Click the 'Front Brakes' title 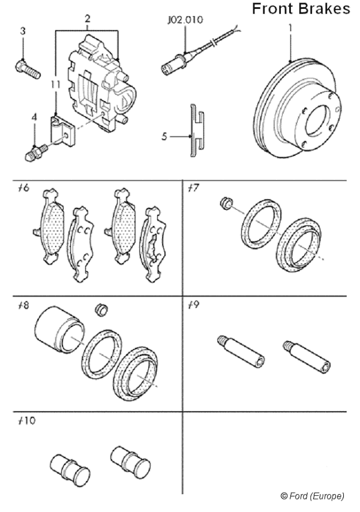coord(301,9)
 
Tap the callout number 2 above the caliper coord(88,19)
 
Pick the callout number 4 coord(34,118)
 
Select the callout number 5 coord(164,136)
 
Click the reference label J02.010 coord(185,19)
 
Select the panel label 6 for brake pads coord(24,188)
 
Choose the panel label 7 coord(193,188)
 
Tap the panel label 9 coord(193,304)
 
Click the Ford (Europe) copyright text coord(312,496)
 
